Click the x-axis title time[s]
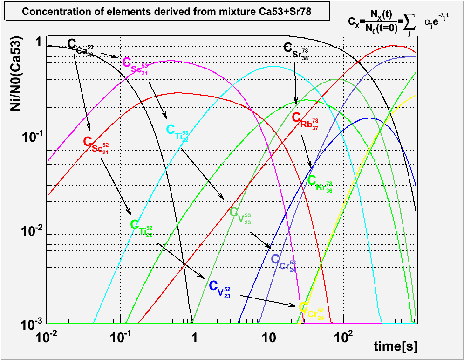(x=395, y=346)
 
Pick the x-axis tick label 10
(x=268, y=335)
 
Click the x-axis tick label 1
(x=195, y=335)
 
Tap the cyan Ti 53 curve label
(x=177, y=132)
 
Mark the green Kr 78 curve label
(x=320, y=183)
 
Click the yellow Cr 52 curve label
(x=311, y=310)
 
